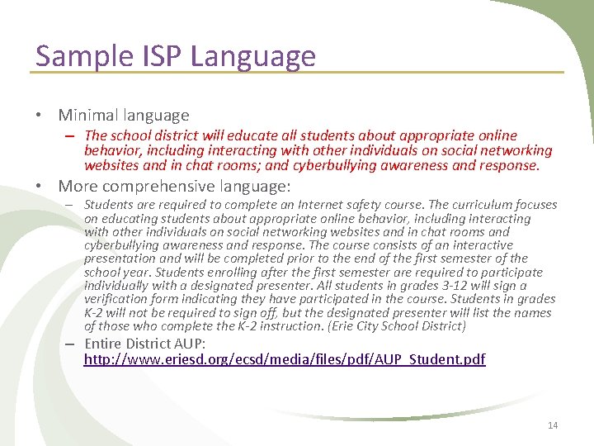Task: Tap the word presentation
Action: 119,259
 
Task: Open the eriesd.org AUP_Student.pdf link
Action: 285,359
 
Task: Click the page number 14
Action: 553,425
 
